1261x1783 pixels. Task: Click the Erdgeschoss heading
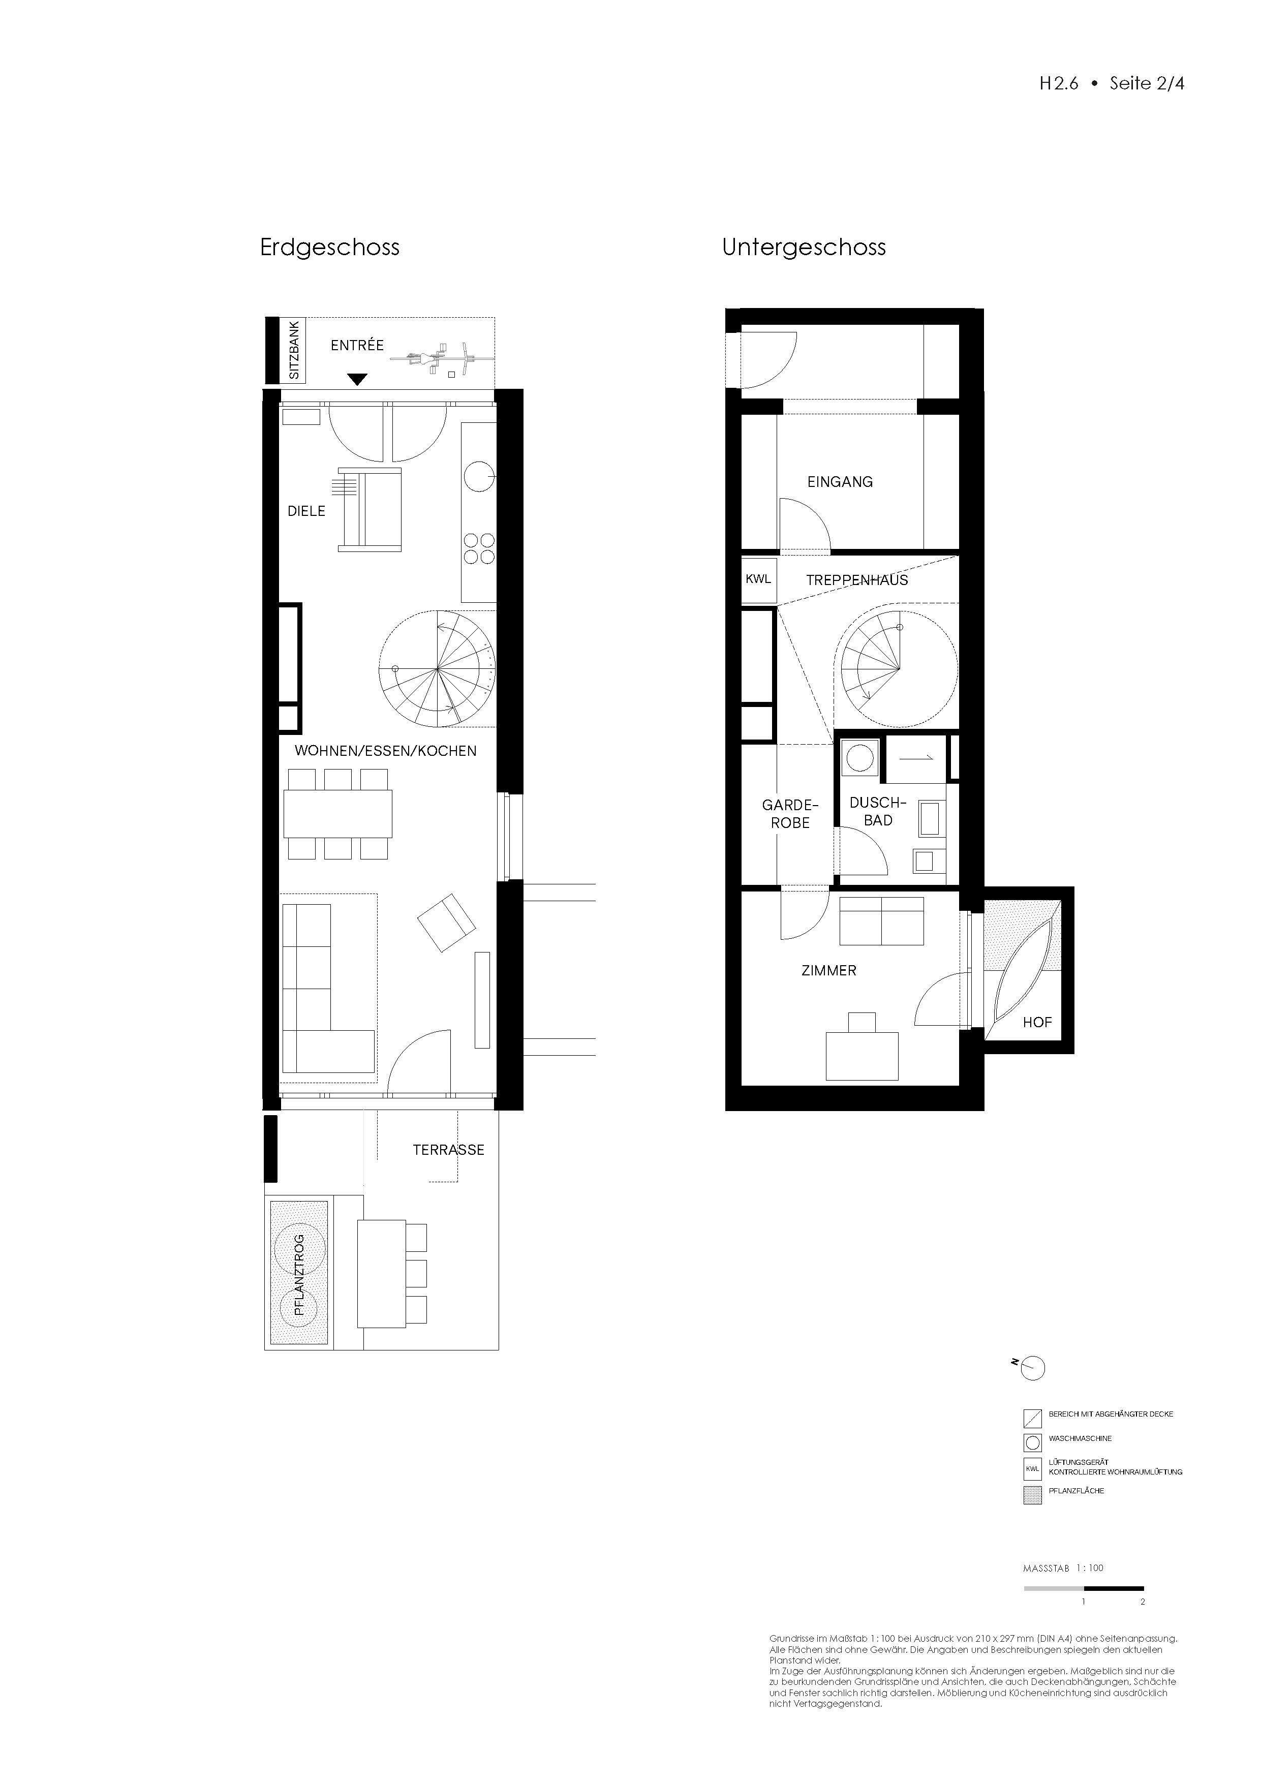pos(329,248)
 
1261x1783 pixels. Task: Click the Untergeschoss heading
pos(804,248)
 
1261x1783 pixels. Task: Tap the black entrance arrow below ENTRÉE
pos(356,379)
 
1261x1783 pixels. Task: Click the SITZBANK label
pos(294,350)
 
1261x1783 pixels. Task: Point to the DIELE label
pos(306,511)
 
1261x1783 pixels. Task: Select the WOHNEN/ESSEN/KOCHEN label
pos(385,751)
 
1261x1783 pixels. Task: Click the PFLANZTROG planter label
pos(299,1274)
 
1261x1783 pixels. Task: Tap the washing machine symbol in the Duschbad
pos(859,757)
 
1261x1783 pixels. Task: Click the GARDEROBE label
pos(790,814)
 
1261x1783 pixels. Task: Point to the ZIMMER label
pos(828,971)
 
